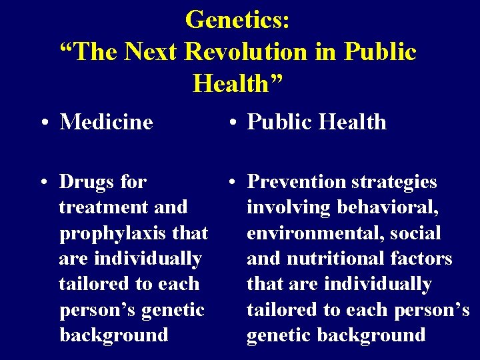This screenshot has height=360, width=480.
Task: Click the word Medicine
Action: click(x=106, y=122)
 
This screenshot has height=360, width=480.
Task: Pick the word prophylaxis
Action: click(x=113, y=233)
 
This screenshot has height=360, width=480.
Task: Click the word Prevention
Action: click(x=298, y=181)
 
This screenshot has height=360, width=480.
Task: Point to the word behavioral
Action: click(x=387, y=207)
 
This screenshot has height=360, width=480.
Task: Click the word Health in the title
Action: click(x=238, y=84)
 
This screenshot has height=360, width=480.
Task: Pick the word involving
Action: click(x=289, y=207)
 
